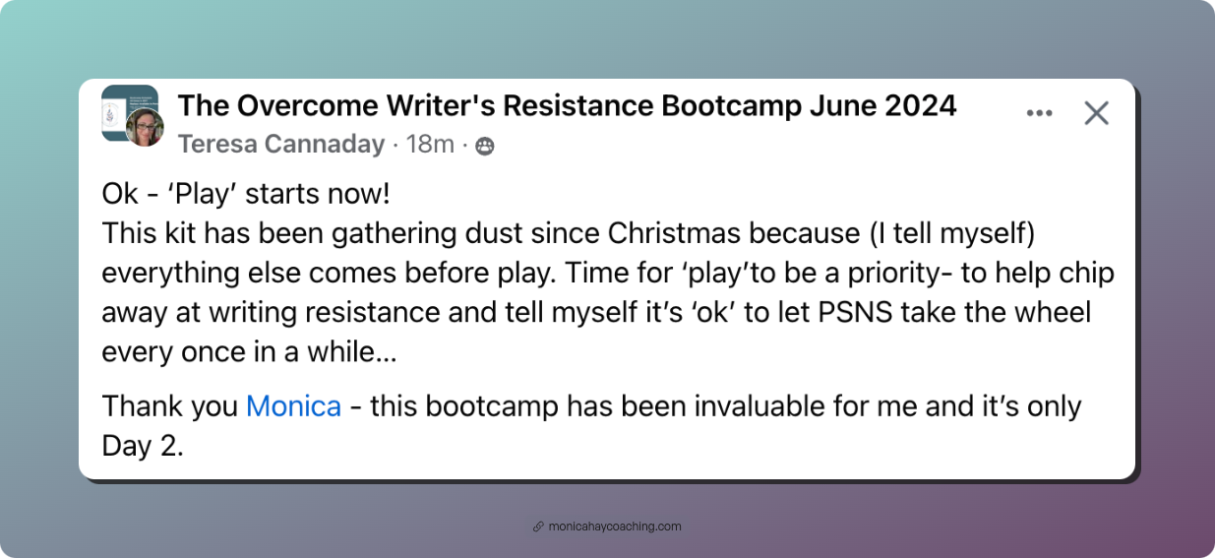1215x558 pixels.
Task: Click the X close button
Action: (1096, 113)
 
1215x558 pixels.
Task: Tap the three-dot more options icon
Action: (1039, 113)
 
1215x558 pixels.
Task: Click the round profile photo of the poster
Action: (145, 128)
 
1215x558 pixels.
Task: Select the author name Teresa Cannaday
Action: (281, 145)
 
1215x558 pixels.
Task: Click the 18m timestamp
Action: (430, 145)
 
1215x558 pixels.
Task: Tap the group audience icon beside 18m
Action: (484, 146)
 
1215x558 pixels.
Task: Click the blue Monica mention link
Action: (293, 406)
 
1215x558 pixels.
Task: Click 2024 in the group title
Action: (921, 105)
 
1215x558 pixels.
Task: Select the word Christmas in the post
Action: (674, 234)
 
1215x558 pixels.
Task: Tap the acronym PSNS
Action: (855, 313)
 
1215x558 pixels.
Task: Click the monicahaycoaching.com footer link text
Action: (615, 527)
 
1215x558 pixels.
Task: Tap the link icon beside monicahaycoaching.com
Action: (538, 527)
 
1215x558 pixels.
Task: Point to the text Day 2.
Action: (143, 447)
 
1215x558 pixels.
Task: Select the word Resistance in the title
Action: (577, 105)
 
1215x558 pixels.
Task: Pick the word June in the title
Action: (842, 105)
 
